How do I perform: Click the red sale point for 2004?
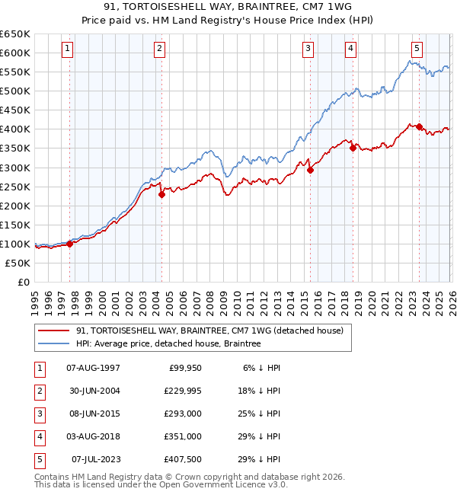161,194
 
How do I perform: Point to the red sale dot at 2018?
353,148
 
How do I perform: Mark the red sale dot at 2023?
419,126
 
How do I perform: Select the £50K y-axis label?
18,263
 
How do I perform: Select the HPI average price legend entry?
168,343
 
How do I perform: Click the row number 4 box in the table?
39,436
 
